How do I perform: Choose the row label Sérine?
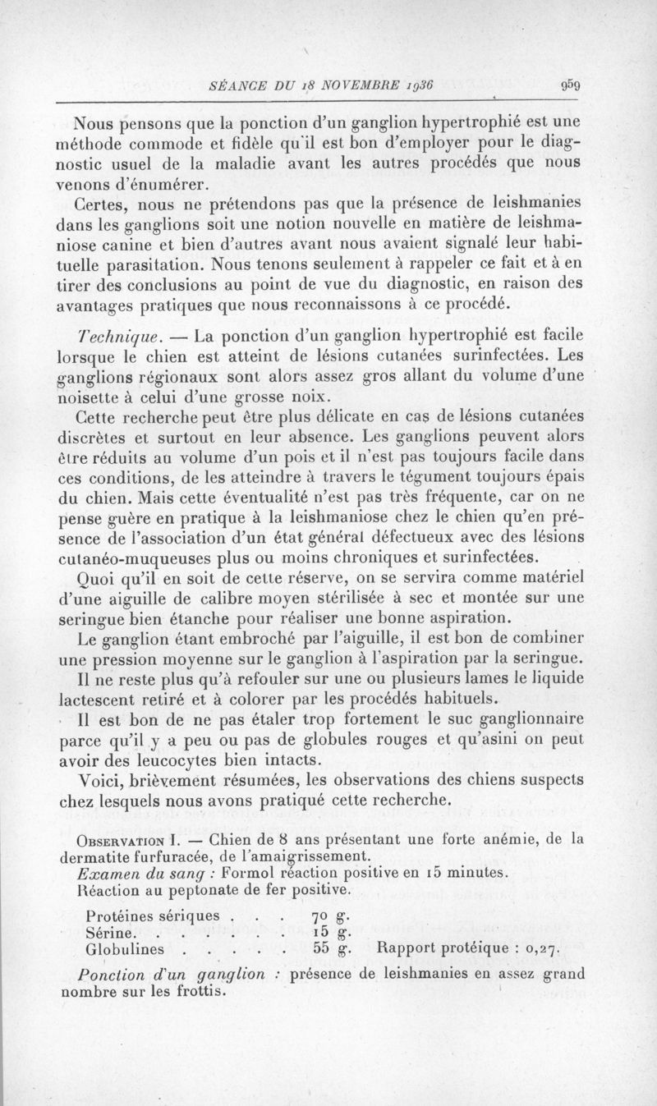111,932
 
